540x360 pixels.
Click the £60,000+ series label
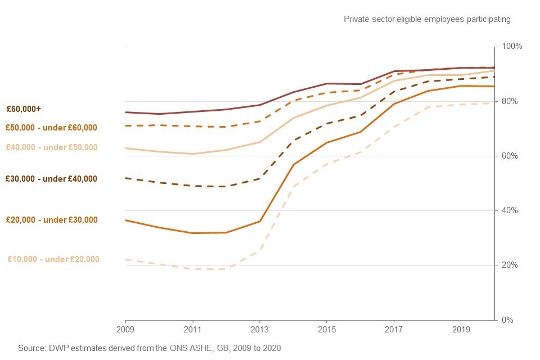pyautogui.click(x=24, y=109)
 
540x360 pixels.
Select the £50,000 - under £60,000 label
pyautogui.click(x=51, y=128)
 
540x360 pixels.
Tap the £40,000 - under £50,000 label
pyautogui.click(x=51, y=147)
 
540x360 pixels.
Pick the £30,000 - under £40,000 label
pyautogui.click(x=51, y=179)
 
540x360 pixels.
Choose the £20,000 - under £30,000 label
pyautogui.click(x=51, y=220)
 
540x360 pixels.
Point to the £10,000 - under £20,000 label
pyautogui.click(x=53, y=259)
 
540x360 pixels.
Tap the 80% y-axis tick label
pyautogui.click(x=510, y=101)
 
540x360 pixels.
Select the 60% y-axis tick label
pyautogui.click(x=510, y=156)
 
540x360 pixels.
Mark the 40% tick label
pyautogui.click(x=510, y=210)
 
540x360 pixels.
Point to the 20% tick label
pyautogui.click(x=510, y=265)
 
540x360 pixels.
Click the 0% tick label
pyautogui.click(x=507, y=319)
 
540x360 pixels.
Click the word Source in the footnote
pyautogui.click(x=31, y=348)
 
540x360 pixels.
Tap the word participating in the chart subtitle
pyautogui.click(x=489, y=19)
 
